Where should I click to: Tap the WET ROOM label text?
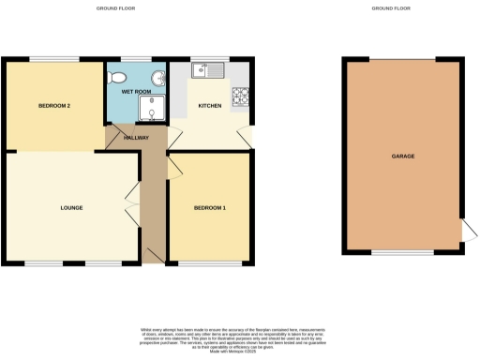137,91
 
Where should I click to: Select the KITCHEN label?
210,106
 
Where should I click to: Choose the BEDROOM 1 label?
209,206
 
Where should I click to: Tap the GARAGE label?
403,156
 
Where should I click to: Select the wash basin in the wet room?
158,76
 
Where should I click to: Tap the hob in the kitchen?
240,96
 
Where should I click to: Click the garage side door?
467,231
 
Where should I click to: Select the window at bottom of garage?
403,253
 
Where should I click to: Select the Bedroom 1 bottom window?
208,263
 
